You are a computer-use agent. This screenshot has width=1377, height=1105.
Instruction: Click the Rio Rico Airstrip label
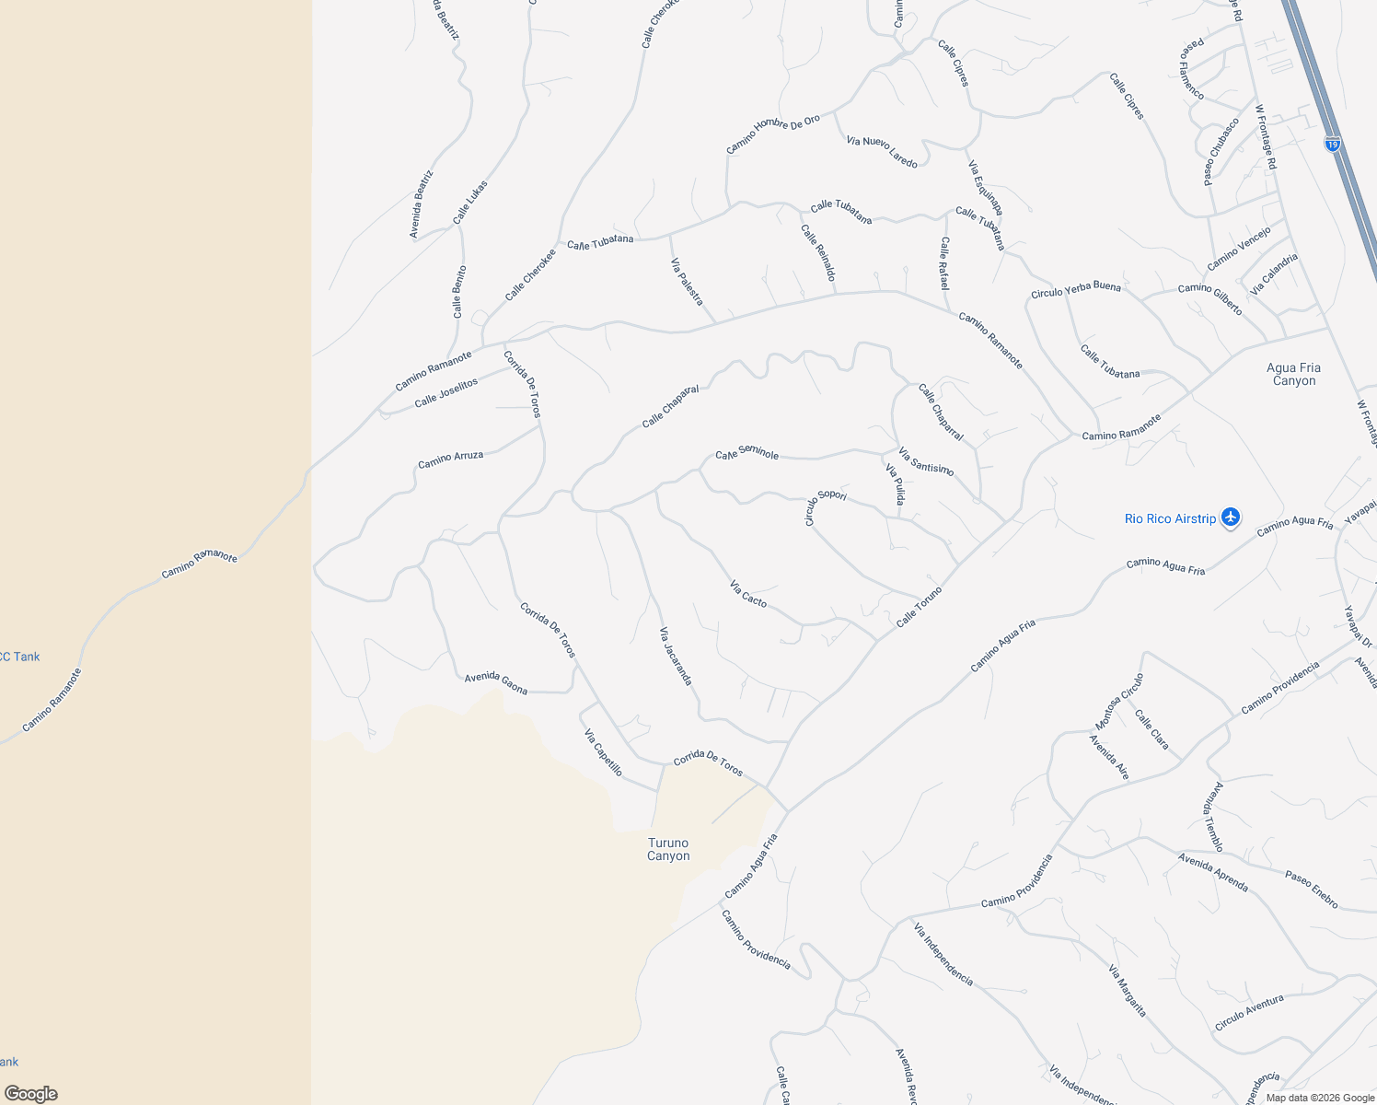(x=1170, y=519)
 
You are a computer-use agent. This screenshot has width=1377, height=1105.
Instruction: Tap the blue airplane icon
(x=1232, y=518)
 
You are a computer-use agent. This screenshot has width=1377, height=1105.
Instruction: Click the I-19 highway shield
(x=1332, y=144)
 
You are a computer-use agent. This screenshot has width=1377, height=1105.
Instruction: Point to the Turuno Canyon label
(x=668, y=849)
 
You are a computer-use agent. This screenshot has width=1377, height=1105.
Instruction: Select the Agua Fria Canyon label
(x=1293, y=374)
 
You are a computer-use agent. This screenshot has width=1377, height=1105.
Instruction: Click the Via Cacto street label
(x=748, y=593)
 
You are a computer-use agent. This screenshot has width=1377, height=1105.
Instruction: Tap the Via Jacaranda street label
(x=676, y=656)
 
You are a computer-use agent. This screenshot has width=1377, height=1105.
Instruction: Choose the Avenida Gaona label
(x=496, y=682)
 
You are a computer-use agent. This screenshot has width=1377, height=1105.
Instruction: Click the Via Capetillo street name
(x=604, y=752)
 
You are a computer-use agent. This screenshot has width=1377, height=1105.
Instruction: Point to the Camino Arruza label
(x=450, y=459)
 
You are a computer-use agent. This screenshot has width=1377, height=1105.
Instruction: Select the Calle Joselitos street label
(x=446, y=392)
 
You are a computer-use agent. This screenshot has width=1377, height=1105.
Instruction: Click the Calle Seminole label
(x=747, y=453)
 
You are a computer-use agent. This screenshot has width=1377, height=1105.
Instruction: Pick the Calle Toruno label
(x=920, y=607)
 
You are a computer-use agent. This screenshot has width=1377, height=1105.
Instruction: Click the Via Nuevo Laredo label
(x=882, y=152)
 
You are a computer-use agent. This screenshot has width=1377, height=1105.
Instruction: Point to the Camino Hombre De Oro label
(x=773, y=134)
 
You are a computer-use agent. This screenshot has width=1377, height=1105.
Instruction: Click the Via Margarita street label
(x=1128, y=991)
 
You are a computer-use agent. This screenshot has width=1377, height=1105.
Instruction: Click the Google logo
(x=31, y=1093)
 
